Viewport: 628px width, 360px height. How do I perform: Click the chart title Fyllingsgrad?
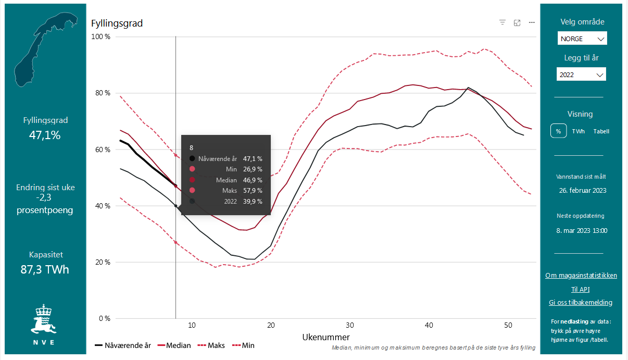[x=117, y=23]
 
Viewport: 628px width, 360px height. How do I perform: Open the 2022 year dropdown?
[x=581, y=75]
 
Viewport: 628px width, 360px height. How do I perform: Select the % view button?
[x=558, y=131]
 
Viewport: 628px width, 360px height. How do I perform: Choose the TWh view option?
[x=578, y=131]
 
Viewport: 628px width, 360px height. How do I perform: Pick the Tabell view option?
[x=601, y=131]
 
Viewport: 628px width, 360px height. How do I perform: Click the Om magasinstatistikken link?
[x=581, y=275]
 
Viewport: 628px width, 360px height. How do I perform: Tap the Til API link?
[x=580, y=289]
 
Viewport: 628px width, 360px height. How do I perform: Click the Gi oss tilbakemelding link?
[x=580, y=302]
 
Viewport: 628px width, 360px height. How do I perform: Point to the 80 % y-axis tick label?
[x=101, y=93]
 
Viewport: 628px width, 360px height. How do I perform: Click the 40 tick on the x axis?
[x=429, y=325]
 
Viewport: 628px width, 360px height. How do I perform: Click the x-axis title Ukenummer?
[x=326, y=337]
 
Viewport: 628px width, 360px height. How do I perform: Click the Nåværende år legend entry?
[x=123, y=345]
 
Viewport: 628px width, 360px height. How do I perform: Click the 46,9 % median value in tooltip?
[x=253, y=180]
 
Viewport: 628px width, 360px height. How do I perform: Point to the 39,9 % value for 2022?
[x=253, y=201]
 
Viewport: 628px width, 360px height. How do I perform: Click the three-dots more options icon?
[x=532, y=22]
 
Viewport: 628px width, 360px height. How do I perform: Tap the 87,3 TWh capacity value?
[x=45, y=269]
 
